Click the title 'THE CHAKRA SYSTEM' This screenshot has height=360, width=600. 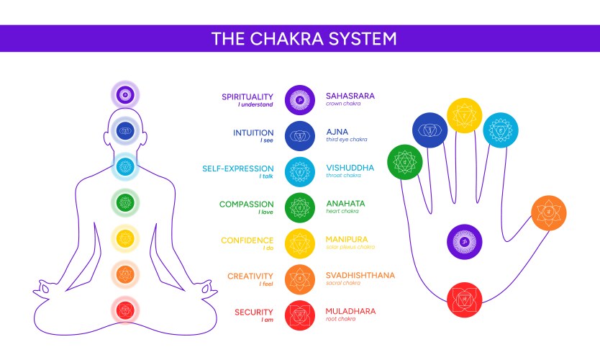pyautogui.click(x=303, y=38)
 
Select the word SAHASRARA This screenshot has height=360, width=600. pyautogui.click(x=350, y=95)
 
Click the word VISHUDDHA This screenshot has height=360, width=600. pyautogui.click(x=350, y=167)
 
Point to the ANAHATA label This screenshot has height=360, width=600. pyautogui.click(x=345, y=204)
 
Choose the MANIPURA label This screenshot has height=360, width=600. pyautogui.click(x=347, y=239)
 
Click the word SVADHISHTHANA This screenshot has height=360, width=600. pyautogui.click(x=360, y=275)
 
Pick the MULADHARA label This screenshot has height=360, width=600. pyautogui.click(x=350, y=311)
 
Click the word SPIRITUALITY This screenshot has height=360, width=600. pyautogui.click(x=247, y=96)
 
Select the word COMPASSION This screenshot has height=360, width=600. pyautogui.click(x=247, y=204)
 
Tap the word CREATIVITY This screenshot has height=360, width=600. pyautogui.click(x=250, y=276)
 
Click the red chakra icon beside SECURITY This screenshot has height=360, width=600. pyautogui.click(x=300, y=315)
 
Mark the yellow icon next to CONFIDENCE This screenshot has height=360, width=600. pyautogui.click(x=300, y=243)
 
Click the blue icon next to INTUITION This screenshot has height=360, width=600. pyautogui.click(x=300, y=135)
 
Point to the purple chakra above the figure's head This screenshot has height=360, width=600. pyautogui.click(x=125, y=94)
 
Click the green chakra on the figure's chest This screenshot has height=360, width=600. pyautogui.click(x=125, y=202)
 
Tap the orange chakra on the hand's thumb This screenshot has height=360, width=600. pyautogui.click(x=549, y=212)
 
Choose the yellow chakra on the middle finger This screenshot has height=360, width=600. pyautogui.click(x=465, y=116)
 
